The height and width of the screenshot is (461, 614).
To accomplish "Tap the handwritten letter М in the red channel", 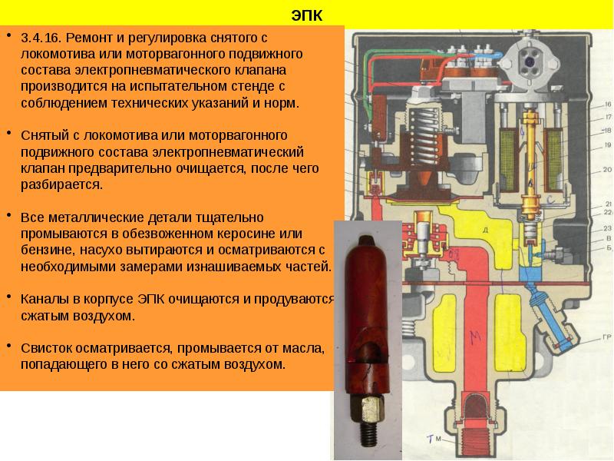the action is pos(475,334).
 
